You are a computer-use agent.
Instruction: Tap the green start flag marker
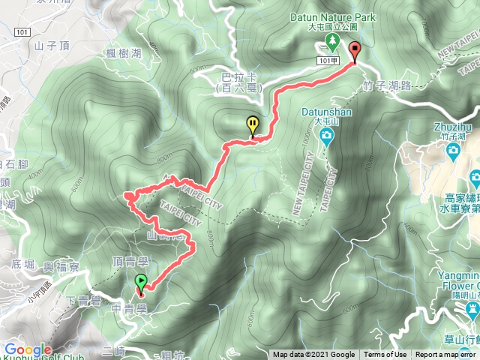[x=140, y=282]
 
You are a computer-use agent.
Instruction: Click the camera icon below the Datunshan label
[x=327, y=135]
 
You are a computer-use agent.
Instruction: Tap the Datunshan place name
[x=322, y=110]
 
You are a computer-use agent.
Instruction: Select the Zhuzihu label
[x=450, y=126]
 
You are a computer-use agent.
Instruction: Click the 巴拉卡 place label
[x=235, y=77]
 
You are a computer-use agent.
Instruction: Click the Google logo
[x=28, y=350]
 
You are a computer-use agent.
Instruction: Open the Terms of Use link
[x=385, y=355]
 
